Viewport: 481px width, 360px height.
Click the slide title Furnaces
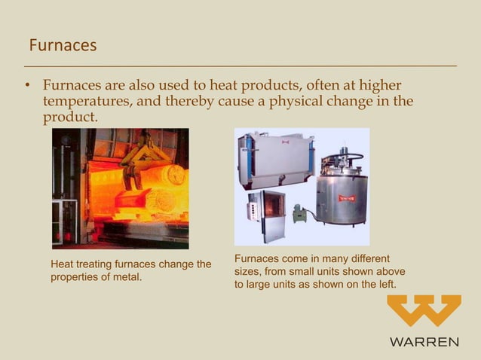(x=63, y=45)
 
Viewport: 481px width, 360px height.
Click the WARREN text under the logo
(x=424, y=342)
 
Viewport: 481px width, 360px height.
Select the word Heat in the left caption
(x=62, y=264)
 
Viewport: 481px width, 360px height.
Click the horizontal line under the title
(x=240, y=66)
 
